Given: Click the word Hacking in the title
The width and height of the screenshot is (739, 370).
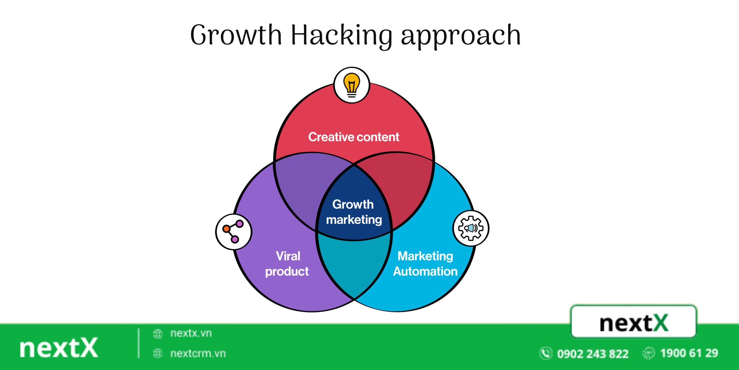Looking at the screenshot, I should [341, 35].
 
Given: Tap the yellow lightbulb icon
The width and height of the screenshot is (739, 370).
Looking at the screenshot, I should [351, 85].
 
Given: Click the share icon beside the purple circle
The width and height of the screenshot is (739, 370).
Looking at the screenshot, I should [233, 231].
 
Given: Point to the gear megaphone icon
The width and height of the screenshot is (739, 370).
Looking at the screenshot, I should [471, 228].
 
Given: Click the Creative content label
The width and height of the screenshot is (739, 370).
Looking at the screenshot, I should [354, 137].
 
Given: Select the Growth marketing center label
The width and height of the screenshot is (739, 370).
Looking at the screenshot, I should [354, 212].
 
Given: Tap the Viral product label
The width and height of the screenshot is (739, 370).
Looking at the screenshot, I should [287, 264].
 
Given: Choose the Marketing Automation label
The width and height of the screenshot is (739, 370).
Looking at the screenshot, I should [425, 264].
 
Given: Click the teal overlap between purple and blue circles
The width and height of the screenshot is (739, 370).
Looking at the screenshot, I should [354, 266].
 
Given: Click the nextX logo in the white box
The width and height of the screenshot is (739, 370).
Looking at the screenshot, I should [634, 323].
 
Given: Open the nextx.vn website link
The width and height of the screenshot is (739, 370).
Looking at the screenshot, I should [191, 333].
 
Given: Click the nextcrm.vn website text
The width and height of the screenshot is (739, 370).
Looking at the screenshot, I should [198, 353].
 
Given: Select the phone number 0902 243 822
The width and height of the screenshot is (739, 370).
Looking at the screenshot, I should [592, 354].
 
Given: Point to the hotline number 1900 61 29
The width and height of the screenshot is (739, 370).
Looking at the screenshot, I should [689, 353].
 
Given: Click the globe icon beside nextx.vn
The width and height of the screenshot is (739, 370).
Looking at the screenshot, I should [158, 334].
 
